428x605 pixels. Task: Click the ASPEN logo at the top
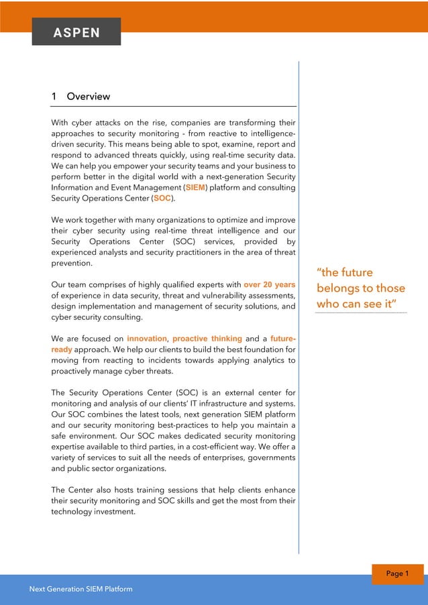tap(76, 32)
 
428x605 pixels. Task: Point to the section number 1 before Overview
tap(54, 97)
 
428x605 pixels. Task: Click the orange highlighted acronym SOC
tap(162, 199)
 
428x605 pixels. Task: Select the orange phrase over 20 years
tap(270, 284)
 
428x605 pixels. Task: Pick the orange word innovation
tap(147, 338)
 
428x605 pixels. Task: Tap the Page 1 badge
tap(397, 573)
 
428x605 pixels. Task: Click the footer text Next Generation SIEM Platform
tap(81, 589)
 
